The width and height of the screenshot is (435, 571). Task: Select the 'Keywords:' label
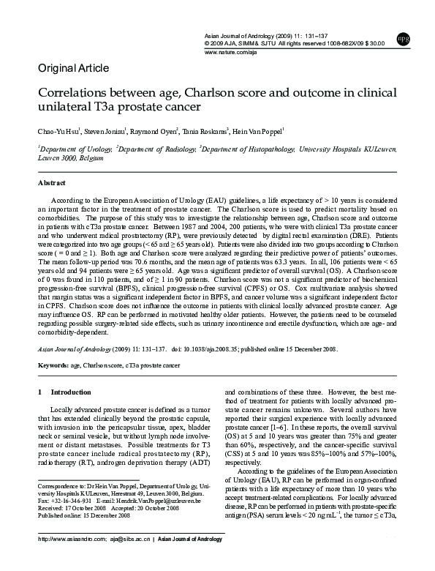(53, 364)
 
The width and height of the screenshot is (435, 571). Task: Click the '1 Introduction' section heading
(65, 392)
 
